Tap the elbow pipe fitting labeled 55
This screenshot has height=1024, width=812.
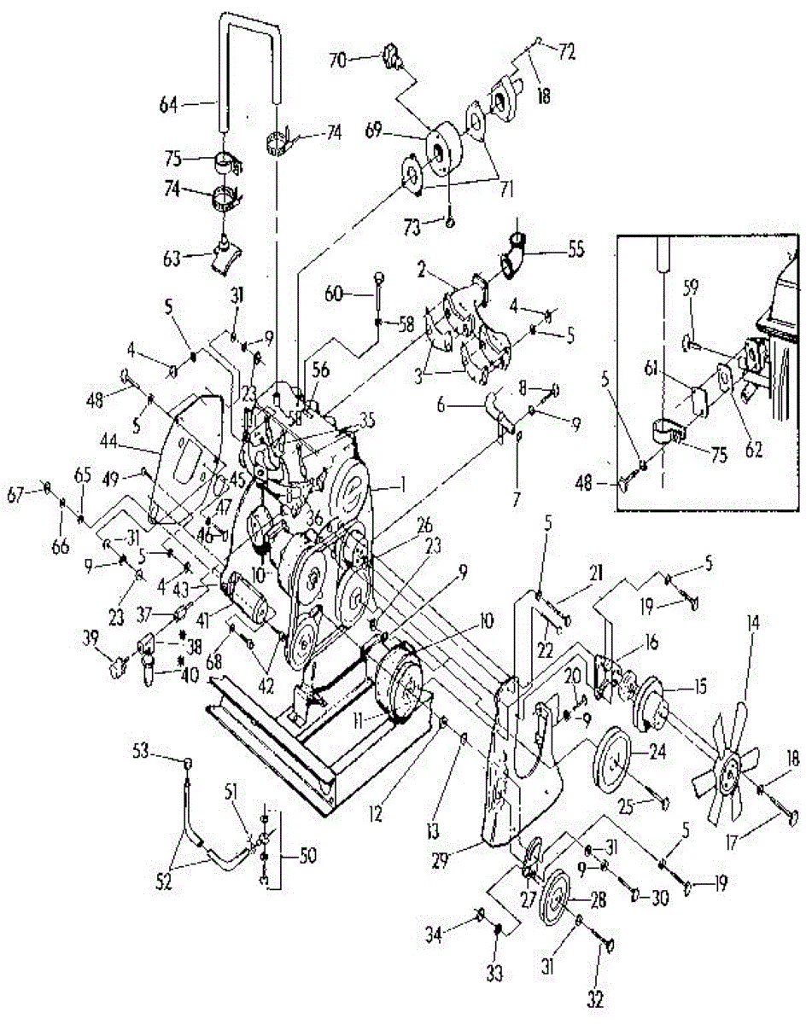pos(515,257)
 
